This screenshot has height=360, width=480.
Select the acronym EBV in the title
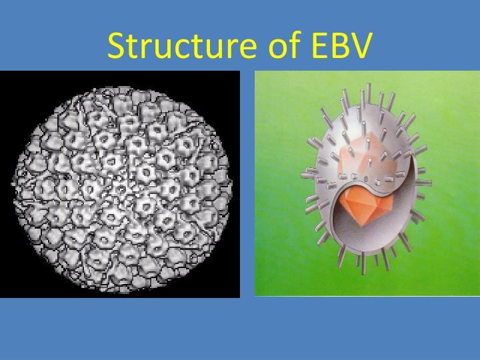[341, 45]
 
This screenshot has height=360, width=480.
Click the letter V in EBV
[360, 45]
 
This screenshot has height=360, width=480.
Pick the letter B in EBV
[338, 45]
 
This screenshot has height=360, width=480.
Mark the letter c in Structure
[184, 49]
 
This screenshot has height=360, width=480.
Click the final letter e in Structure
[247, 49]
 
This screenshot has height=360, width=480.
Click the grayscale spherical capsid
[121, 189]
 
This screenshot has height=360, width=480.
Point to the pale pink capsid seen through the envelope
[367, 159]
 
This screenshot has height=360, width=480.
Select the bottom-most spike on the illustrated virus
[363, 263]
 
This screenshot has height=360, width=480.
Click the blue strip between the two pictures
[247, 184]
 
